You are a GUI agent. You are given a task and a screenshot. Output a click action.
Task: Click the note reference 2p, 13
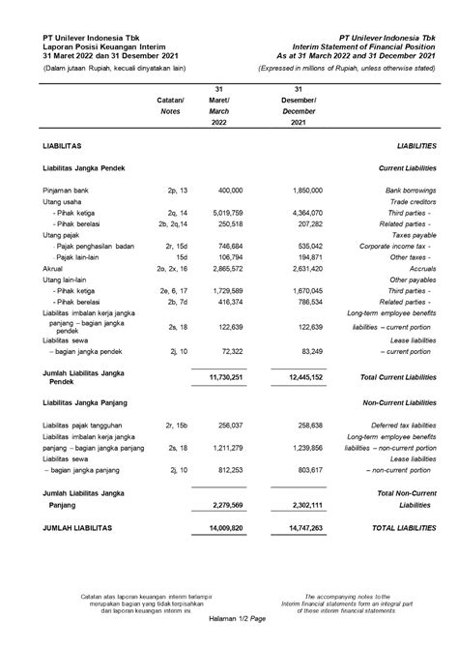click(178, 192)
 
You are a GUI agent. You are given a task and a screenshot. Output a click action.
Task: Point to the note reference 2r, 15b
click(178, 425)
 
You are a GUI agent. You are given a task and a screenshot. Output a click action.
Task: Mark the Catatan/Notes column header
click(169, 105)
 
